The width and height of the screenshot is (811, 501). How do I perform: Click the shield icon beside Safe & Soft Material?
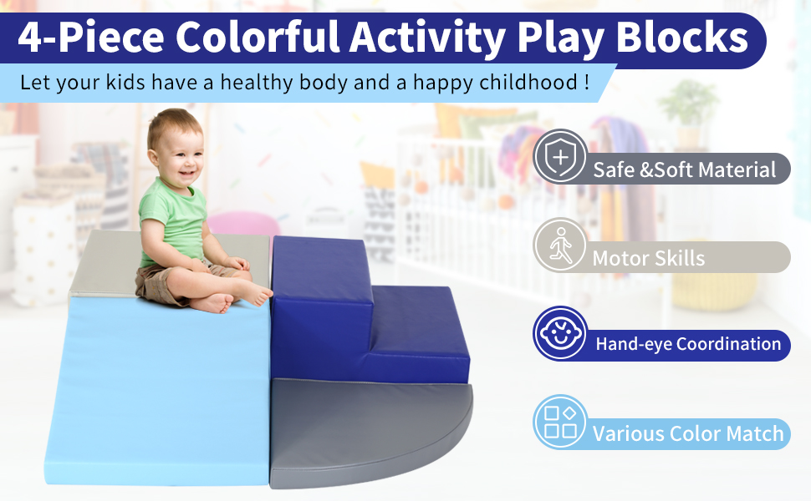[560, 156]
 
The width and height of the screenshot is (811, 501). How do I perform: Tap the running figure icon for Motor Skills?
[560, 245]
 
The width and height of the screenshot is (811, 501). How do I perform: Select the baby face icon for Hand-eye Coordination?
[560, 333]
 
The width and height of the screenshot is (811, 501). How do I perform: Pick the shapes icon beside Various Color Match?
[560, 422]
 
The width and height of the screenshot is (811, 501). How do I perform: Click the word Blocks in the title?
[681, 38]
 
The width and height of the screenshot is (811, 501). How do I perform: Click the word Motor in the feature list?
[619, 258]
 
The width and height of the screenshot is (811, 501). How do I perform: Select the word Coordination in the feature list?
[728, 344]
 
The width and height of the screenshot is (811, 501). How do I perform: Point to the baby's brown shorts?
[166, 284]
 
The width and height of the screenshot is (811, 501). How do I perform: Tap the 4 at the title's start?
[29, 38]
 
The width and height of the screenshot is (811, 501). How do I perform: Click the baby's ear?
[154, 156]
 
